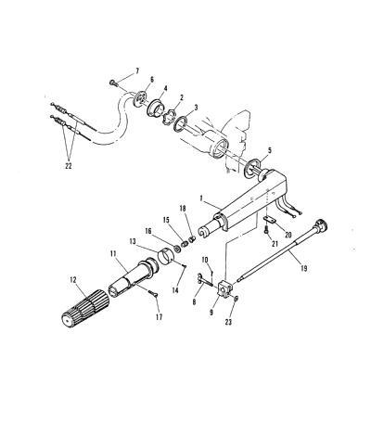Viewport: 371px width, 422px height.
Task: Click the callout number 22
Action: click(69, 166)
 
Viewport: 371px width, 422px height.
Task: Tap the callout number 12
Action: click(73, 280)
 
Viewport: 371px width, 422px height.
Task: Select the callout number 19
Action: click(304, 268)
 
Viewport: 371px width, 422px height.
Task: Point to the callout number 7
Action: click(137, 71)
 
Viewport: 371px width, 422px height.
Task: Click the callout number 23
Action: click(228, 322)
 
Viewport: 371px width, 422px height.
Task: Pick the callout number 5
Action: click(270, 150)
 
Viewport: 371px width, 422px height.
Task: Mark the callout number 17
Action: click(159, 317)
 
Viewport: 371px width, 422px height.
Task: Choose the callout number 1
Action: click(201, 198)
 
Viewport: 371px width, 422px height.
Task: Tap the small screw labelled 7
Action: click(113, 83)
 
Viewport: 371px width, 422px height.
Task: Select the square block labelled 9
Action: click(226, 288)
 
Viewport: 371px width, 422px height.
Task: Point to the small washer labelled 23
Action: click(236, 299)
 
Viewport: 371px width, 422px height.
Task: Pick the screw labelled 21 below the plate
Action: click(266, 230)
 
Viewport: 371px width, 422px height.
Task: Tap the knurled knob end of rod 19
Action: click(320, 224)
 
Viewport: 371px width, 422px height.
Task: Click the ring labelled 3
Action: click(180, 123)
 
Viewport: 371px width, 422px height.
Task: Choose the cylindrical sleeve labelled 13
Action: click(166, 256)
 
